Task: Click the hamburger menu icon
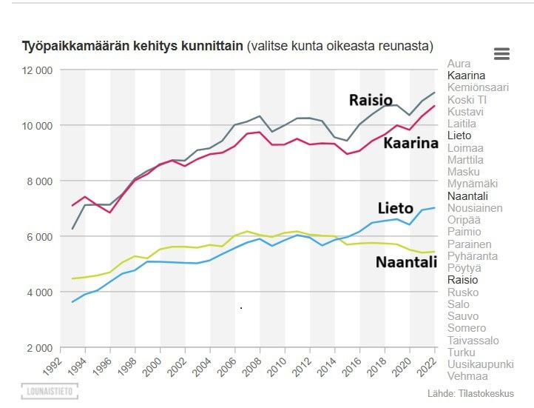(501, 53)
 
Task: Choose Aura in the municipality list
(459, 64)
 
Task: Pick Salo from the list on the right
(459, 304)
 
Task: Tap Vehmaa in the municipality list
(467, 376)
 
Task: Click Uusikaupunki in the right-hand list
(480, 364)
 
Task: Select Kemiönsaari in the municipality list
(478, 87)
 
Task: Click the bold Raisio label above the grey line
(371, 100)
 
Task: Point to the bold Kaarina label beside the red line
(410, 143)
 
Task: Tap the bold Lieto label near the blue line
(395, 209)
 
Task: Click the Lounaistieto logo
(49, 390)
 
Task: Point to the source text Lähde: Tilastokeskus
(470, 393)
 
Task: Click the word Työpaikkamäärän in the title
(70, 46)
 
